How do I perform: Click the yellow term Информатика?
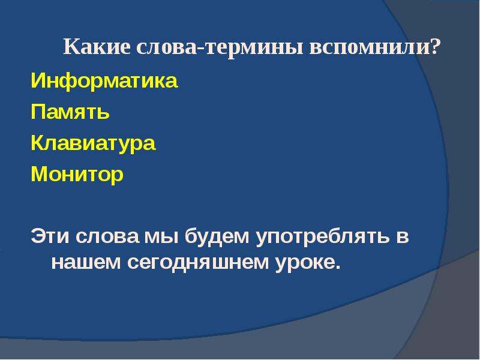point(104,81)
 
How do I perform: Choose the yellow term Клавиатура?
point(93,143)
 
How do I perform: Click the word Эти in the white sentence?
point(50,236)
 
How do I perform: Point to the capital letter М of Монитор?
point(38,175)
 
